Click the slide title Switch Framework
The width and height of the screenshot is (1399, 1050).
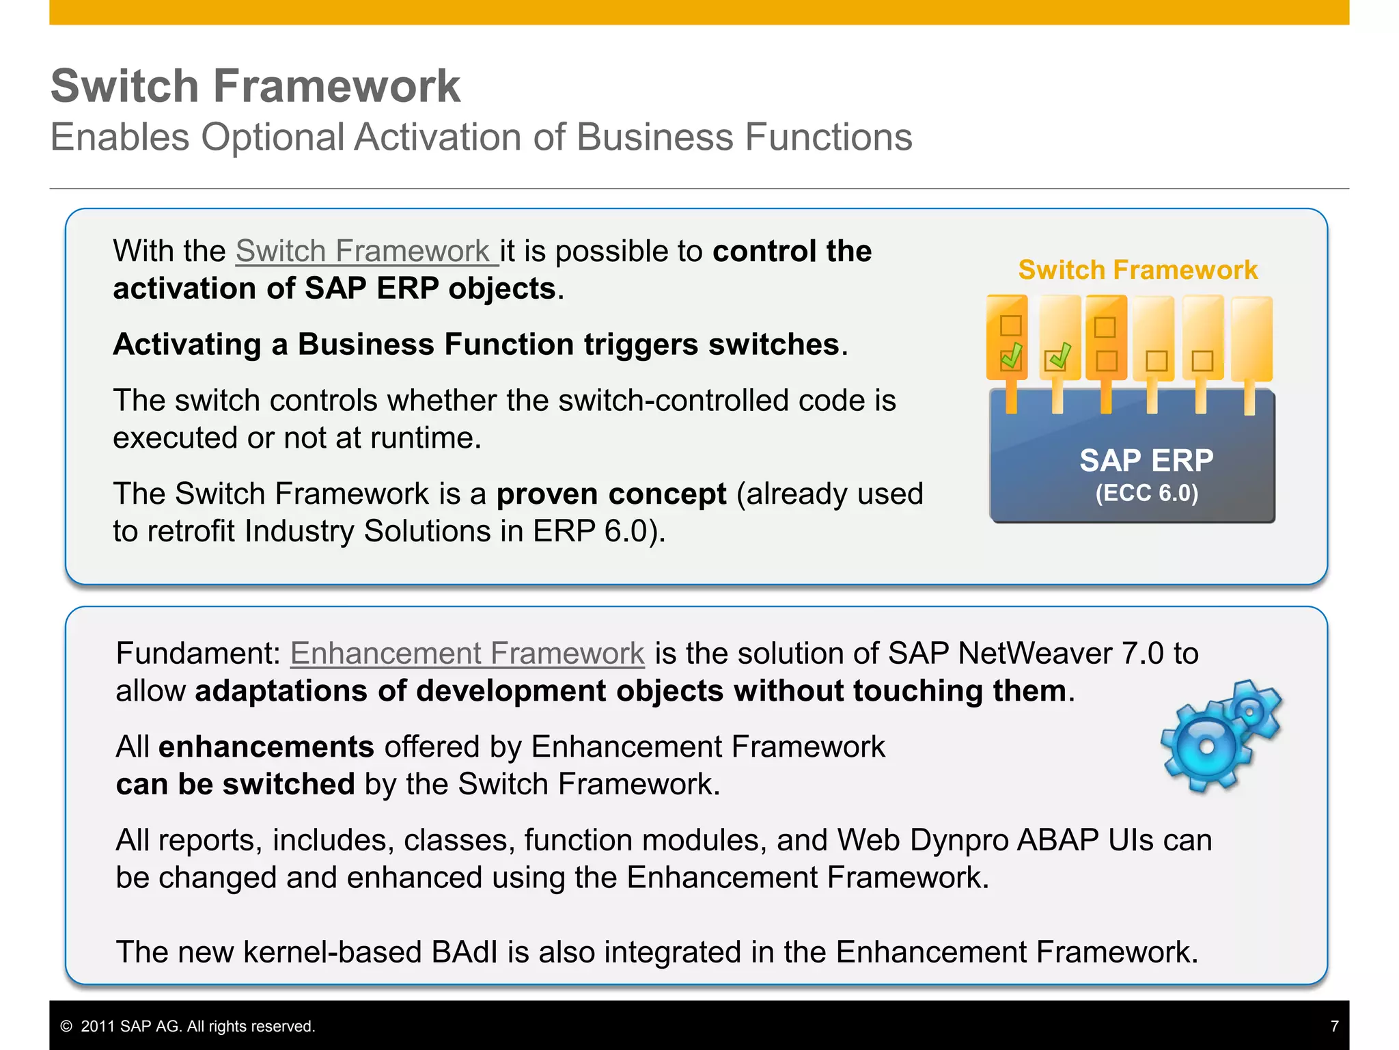(255, 86)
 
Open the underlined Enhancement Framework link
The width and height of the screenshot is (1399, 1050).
(467, 653)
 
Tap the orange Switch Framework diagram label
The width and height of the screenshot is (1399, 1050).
(1137, 270)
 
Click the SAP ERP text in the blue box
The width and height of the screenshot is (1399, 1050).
(1146, 460)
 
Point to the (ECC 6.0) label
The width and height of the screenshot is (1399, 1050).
(1146, 493)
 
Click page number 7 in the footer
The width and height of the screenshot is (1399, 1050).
(1334, 1026)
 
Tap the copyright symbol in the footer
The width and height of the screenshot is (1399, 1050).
(66, 1026)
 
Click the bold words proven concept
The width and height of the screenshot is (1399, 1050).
(611, 494)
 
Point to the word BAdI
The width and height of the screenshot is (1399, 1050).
(465, 952)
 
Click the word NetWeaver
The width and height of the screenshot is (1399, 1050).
(1034, 653)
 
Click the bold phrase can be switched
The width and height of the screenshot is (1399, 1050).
(235, 784)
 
